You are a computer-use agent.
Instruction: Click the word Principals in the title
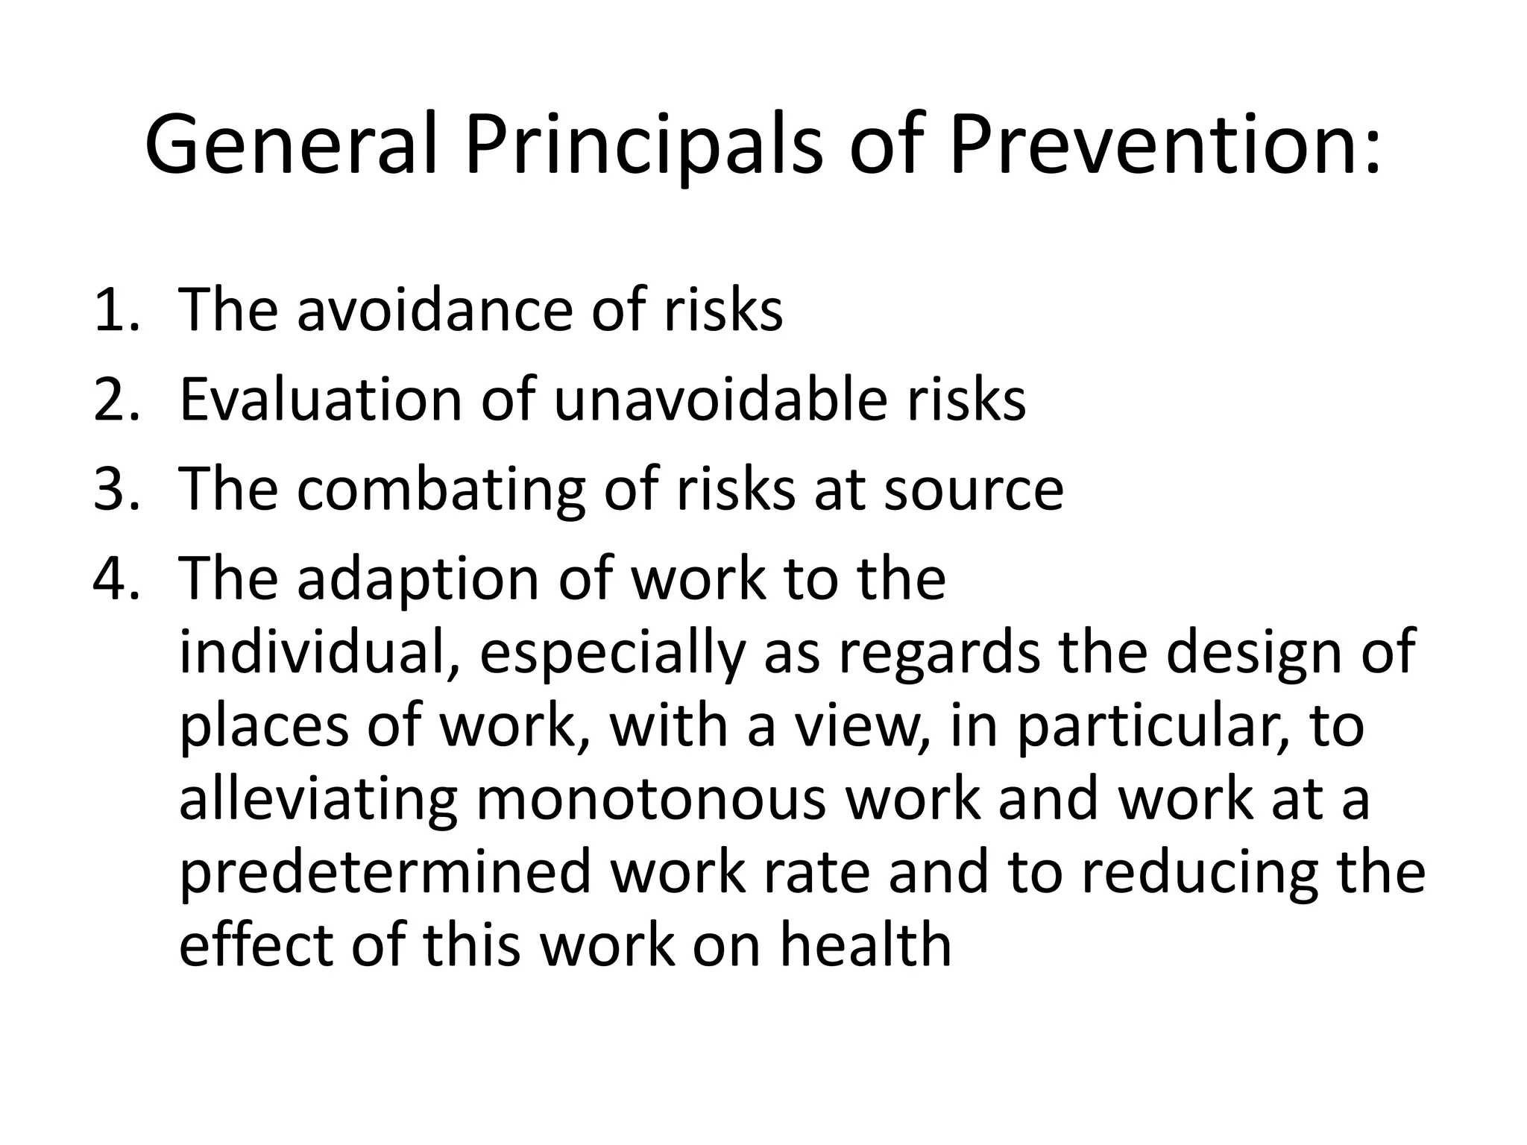644,145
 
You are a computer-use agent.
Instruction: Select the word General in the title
291,145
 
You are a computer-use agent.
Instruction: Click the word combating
441,491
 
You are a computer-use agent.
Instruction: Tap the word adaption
418,580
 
